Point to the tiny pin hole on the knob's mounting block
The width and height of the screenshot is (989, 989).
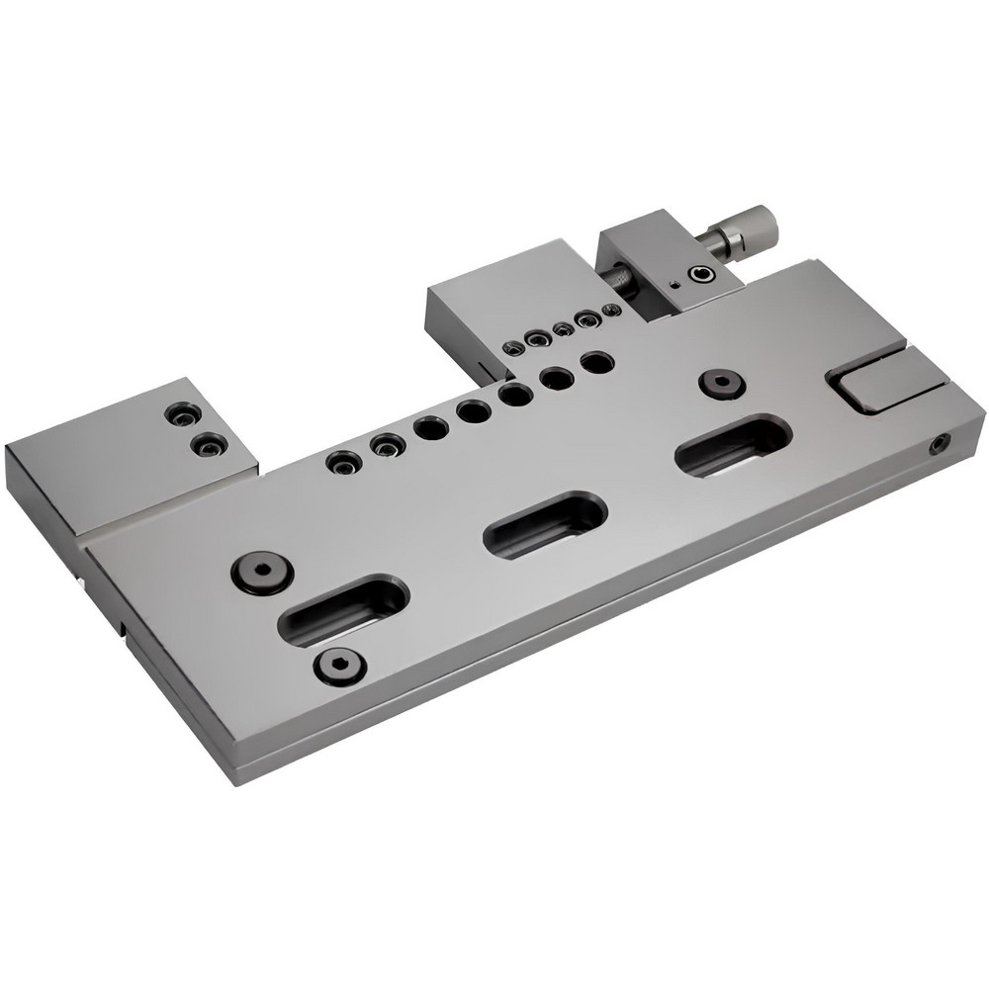(673, 286)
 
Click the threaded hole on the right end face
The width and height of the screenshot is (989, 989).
(937, 447)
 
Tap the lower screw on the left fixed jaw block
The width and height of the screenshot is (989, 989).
(207, 447)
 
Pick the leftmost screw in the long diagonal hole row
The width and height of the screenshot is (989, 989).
(342, 462)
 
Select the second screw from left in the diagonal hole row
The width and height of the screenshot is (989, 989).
(384, 446)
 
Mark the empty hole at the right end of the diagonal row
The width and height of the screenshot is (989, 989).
(593, 362)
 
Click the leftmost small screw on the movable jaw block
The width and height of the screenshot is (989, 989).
(513, 347)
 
